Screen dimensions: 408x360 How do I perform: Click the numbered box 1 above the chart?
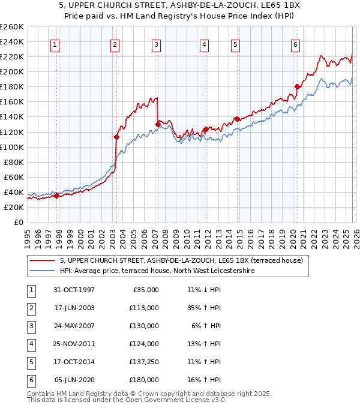(x=55, y=44)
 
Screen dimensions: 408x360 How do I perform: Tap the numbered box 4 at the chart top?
(x=205, y=44)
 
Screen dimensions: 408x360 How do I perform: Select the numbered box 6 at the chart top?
(x=296, y=44)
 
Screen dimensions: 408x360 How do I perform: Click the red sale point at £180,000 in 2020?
(x=297, y=86)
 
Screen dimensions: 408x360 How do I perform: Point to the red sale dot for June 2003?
(x=116, y=137)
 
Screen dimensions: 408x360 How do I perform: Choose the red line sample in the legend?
(x=43, y=260)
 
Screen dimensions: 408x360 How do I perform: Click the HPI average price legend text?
(x=157, y=271)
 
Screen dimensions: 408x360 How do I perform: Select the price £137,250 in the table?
(x=143, y=362)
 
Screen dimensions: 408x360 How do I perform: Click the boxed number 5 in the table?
(x=29, y=362)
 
